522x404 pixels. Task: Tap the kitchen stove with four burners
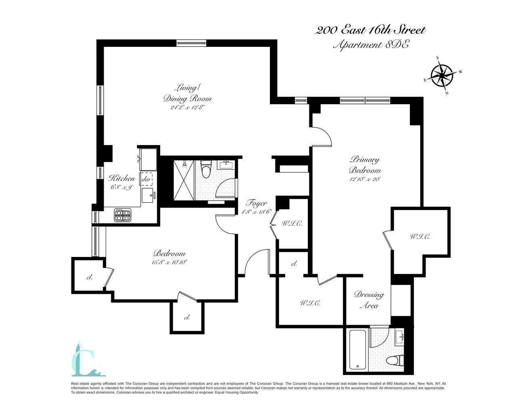pos(123,215)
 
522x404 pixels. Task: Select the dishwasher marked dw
pos(146,179)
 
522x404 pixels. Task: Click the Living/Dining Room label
pos(187,93)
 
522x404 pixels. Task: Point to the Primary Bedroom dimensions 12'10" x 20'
pos(365,179)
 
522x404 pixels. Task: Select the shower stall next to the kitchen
pos(184,180)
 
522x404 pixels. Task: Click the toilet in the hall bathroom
pos(206,169)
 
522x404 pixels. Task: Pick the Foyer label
pos(257,203)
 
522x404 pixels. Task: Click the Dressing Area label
pos(369,300)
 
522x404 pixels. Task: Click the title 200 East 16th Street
pos(370,30)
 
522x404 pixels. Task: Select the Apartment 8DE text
pos(370,45)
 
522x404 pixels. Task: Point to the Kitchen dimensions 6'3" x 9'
pos(121,187)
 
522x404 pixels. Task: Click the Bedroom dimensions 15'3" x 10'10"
pos(170,262)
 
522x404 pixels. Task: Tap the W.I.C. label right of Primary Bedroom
pos(420,237)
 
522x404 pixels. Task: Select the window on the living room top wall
pos(191,43)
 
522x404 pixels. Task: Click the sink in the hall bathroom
pos(226,164)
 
